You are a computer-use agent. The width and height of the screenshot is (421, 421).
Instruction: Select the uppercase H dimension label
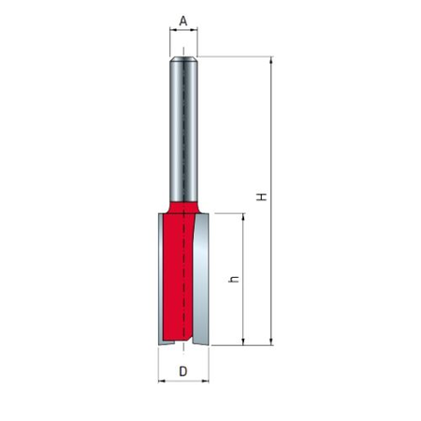(263, 196)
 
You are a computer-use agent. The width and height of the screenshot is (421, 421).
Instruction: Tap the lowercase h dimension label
(236, 279)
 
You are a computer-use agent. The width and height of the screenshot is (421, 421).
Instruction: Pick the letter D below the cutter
(183, 371)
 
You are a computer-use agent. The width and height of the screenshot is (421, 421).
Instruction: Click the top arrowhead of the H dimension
(271, 60)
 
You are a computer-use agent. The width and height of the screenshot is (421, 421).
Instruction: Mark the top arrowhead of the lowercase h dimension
(244, 216)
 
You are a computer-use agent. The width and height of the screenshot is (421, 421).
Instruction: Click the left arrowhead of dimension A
(172, 31)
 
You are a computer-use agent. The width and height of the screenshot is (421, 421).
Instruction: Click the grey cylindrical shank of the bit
(183, 131)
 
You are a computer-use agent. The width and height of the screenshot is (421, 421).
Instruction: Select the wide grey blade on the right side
(201, 281)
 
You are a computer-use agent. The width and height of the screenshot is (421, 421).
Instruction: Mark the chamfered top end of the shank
(183, 59)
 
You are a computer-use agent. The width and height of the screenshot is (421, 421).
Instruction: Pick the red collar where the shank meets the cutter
(183, 203)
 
